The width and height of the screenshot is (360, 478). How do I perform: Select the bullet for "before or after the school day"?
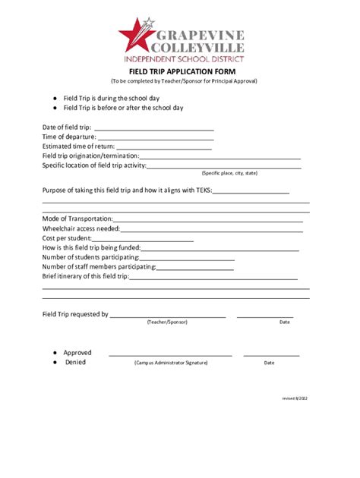(x=54, y=108)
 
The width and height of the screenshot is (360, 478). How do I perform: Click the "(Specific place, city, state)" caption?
(x=229, y=173)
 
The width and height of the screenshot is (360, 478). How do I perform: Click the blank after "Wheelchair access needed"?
(x=211, y=228)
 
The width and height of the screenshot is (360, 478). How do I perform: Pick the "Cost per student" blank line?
(x=147, y=238)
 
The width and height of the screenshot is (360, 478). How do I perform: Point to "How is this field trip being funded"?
(x=91, y=248)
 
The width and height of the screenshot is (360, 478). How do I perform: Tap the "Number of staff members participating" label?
(x=99, y=267)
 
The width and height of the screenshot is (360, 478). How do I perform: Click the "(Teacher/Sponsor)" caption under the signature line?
(x=167, y=322)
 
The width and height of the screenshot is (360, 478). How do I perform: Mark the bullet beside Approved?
(x=54, y=353)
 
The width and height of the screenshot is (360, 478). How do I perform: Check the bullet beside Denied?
(x=54, y=363)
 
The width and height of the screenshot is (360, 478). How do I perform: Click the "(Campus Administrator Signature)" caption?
(x=171, y=363)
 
